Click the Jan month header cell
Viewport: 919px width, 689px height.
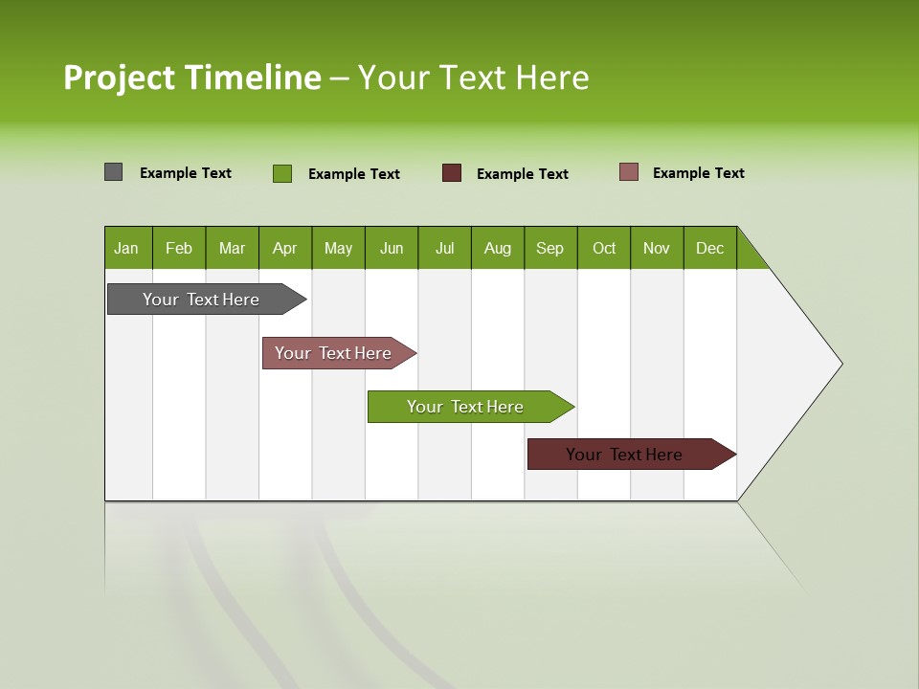pyautogui.click(x=127, y=248)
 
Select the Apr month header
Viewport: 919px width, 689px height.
pyautogui.click(x=285, y=248)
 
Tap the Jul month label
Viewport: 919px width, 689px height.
pyautogui.click(x=444, y=248)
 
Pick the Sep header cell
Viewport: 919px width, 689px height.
pyautogui.click(x=550, y=248)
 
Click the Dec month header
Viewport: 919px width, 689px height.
pyautogui.click(x=709, y=248)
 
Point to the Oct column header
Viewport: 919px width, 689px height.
pyautogui.click(x=604, y=248)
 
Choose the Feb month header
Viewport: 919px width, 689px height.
pyautogui.click(x=179, y=248)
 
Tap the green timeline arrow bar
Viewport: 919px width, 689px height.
pyautogui.click(x=466, y=407)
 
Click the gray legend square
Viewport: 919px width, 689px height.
pyautogui.click(x=113, y=172)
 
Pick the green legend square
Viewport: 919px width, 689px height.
pyautogui.click(x=281, y=173)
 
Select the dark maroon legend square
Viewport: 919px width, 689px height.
pyautogui.click(x=451, y=173)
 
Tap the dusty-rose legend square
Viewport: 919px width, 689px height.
pyautogui.click(x=628, y=172)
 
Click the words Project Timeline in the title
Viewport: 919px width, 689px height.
pyautogui.click(x=191, y=78)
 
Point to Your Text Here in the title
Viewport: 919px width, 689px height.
pyautogui.click(x=474, y=78)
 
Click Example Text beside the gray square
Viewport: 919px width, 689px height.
pyautogui.click(x=186, y=173)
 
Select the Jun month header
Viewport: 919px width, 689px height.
pyautogui.click(x=392, y=248)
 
